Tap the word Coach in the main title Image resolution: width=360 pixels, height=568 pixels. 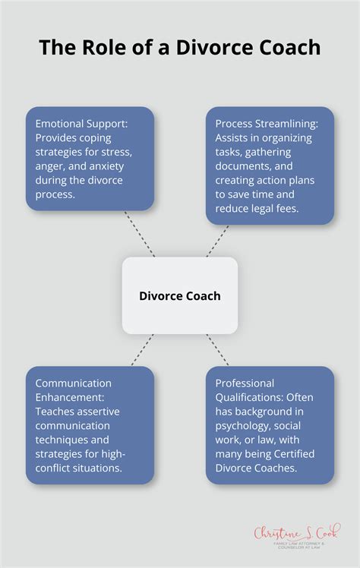point(287,48)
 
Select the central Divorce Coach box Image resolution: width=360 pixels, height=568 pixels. point(180,295)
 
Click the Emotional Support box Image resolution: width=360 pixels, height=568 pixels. point(90,159)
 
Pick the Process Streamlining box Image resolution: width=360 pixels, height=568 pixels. point(270,165)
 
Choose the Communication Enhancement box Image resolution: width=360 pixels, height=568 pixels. point(90,425)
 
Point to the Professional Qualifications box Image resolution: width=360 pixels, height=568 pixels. point(270,425)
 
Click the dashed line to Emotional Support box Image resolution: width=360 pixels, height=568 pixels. point(139,234)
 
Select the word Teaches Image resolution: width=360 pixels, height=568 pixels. point(58,412)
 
